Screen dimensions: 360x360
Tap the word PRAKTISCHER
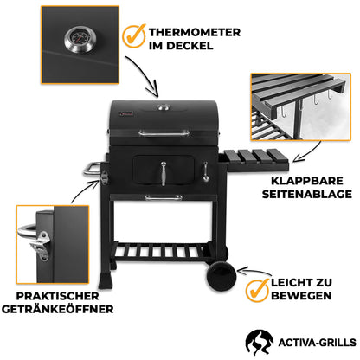(61, 295)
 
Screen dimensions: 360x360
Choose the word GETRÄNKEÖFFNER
(61, 309)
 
